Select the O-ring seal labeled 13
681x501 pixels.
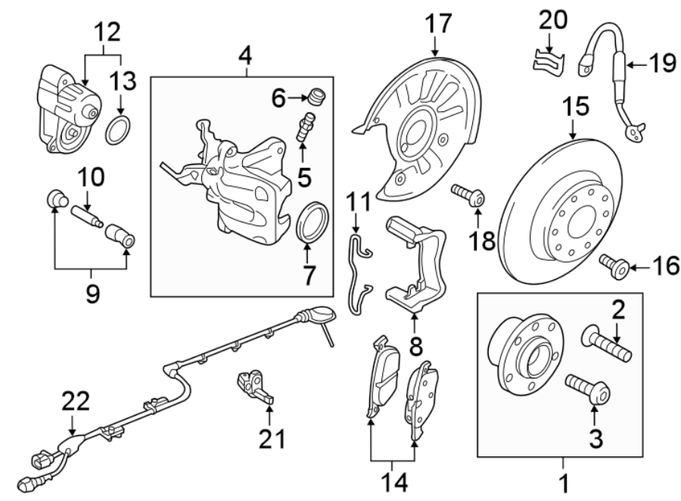(116, 131)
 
